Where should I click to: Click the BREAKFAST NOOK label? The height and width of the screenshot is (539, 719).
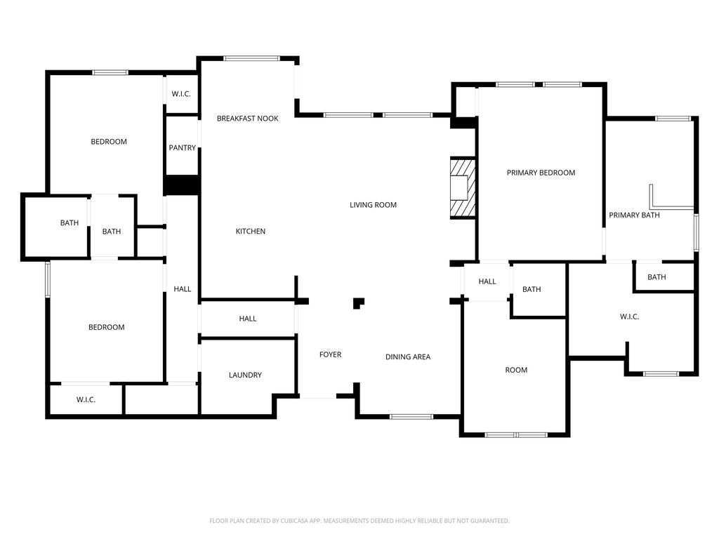pos(247,119)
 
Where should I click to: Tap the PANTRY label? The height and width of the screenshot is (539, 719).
pos(182,148)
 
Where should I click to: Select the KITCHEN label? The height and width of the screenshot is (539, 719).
pos(250,232)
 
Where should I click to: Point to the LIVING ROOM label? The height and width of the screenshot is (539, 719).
pos(373,205)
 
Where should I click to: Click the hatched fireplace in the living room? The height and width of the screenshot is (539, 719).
pos(462,188)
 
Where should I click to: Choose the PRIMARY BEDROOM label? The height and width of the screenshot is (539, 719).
pos(541,173)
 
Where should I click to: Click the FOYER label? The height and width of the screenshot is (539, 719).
pos(330,355)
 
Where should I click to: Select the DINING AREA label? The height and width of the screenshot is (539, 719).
pos(407,357)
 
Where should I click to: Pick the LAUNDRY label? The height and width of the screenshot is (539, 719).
pos(245,375)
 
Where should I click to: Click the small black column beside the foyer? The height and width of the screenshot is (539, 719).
pos(358,303)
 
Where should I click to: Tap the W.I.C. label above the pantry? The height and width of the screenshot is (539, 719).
pos(181,94)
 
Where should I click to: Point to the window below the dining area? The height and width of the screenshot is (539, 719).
pos(411,417)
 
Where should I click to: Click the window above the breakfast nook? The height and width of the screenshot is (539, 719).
pos(251,59)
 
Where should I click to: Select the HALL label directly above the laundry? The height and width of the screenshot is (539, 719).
pos(247,319)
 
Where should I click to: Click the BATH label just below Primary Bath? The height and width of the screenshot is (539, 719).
pos(656,277)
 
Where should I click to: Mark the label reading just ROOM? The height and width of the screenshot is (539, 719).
pos(516,370)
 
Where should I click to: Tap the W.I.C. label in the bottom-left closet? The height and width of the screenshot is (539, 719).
pos(86,400)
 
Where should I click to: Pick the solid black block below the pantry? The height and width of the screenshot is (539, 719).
pos(182,185)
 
